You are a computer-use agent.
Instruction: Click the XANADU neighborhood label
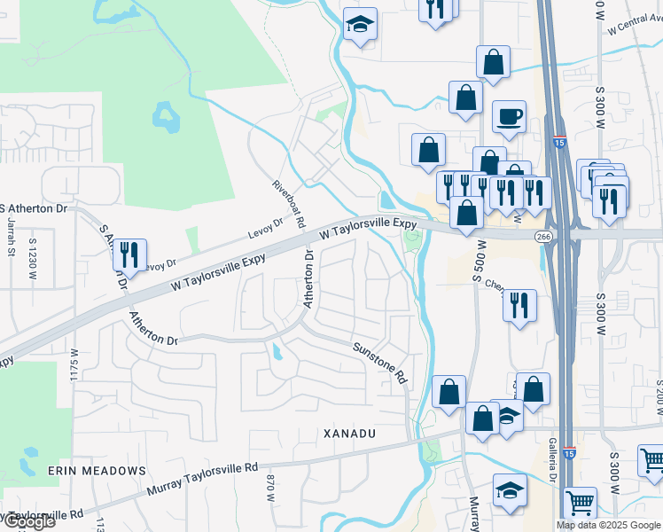pos(350,434)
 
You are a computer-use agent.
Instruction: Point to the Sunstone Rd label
pos(380,363)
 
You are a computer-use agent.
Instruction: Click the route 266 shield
pos(543,236)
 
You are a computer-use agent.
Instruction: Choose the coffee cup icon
pos(509,117)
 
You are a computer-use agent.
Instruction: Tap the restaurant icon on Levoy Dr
pos(129,255)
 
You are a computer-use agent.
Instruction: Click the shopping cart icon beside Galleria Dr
pos(580,503)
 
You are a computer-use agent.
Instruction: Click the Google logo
pos(28,521)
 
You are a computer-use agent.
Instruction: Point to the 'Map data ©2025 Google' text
pos(608,525)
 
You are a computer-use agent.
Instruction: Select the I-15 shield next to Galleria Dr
pos(567,451)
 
